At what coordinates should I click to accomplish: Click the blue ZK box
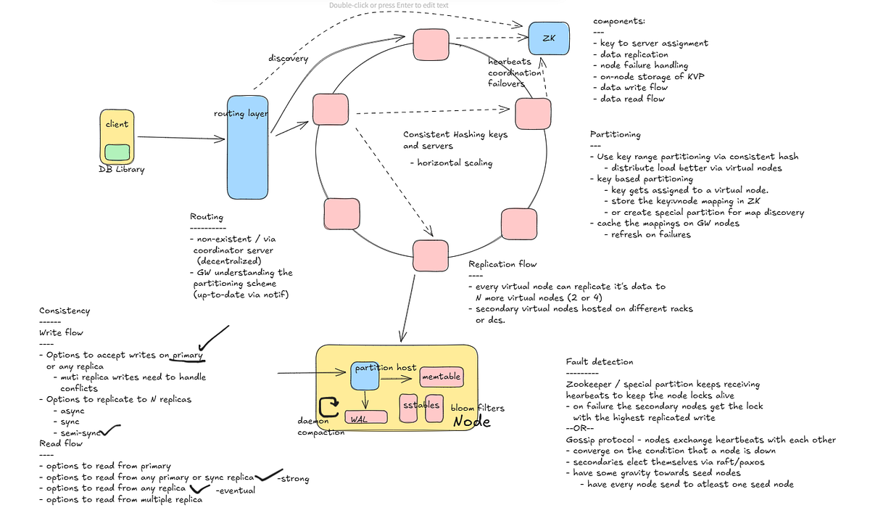[x=549, y=38]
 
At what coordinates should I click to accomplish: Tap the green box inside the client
[x=117, y=152]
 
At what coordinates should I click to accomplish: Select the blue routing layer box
[x=247, y=147]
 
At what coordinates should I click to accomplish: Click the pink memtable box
[x=442, y=377]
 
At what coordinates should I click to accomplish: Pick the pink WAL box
[x=366, y=417]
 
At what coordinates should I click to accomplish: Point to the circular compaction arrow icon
[x=328, y=406]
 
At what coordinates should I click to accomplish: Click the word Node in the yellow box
[x=471, y=422]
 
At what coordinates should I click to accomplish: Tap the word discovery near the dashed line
[x=289, y=59]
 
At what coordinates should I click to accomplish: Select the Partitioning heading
[x=616, y=134]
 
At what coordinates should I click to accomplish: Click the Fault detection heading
[x=600, y=362]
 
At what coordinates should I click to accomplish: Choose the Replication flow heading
[x=502, y=264]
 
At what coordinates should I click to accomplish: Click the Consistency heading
[x=65, y=311]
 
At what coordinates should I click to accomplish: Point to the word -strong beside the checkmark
[x=293, y=479]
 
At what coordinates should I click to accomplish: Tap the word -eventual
[x=236, y=491]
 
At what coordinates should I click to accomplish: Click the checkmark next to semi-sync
[x=110, y=430]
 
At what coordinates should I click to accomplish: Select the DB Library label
[x=122, y=170]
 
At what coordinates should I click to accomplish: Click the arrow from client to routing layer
[x=181, y=138]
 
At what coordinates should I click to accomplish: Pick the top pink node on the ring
[x=431, y=44]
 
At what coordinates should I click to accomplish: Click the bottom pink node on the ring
[x=431, y=255]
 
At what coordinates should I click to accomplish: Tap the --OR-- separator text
[x=580, y=428]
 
